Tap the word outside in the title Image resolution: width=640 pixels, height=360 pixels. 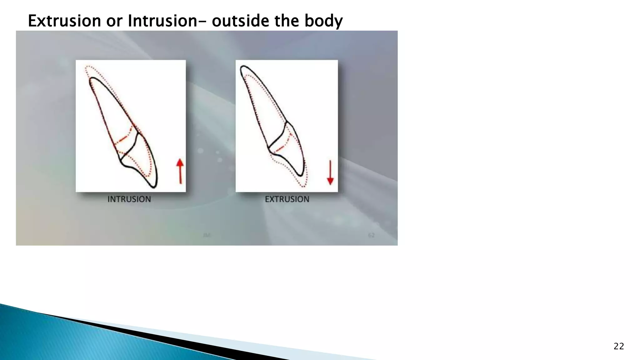pyautogui.click(x=240, y=21)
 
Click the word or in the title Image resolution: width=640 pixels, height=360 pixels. pyautogui.click(x=114, y=21)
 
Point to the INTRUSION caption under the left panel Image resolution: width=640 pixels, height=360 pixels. pyautogui.click(x=129, y=199)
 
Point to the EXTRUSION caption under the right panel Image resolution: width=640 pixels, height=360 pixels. pyautogui.click(x=287, y=199)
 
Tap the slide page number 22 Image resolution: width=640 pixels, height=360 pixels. pyautogui.click(x=619, y=346)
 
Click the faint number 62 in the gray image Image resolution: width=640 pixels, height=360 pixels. pyautogui.click(x=371, y=235)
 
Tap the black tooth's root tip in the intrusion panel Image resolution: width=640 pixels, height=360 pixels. pyautogui.click(x=92, y=79)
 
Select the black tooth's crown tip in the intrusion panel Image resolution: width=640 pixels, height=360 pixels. pyautogui.click(x=154, y=187)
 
